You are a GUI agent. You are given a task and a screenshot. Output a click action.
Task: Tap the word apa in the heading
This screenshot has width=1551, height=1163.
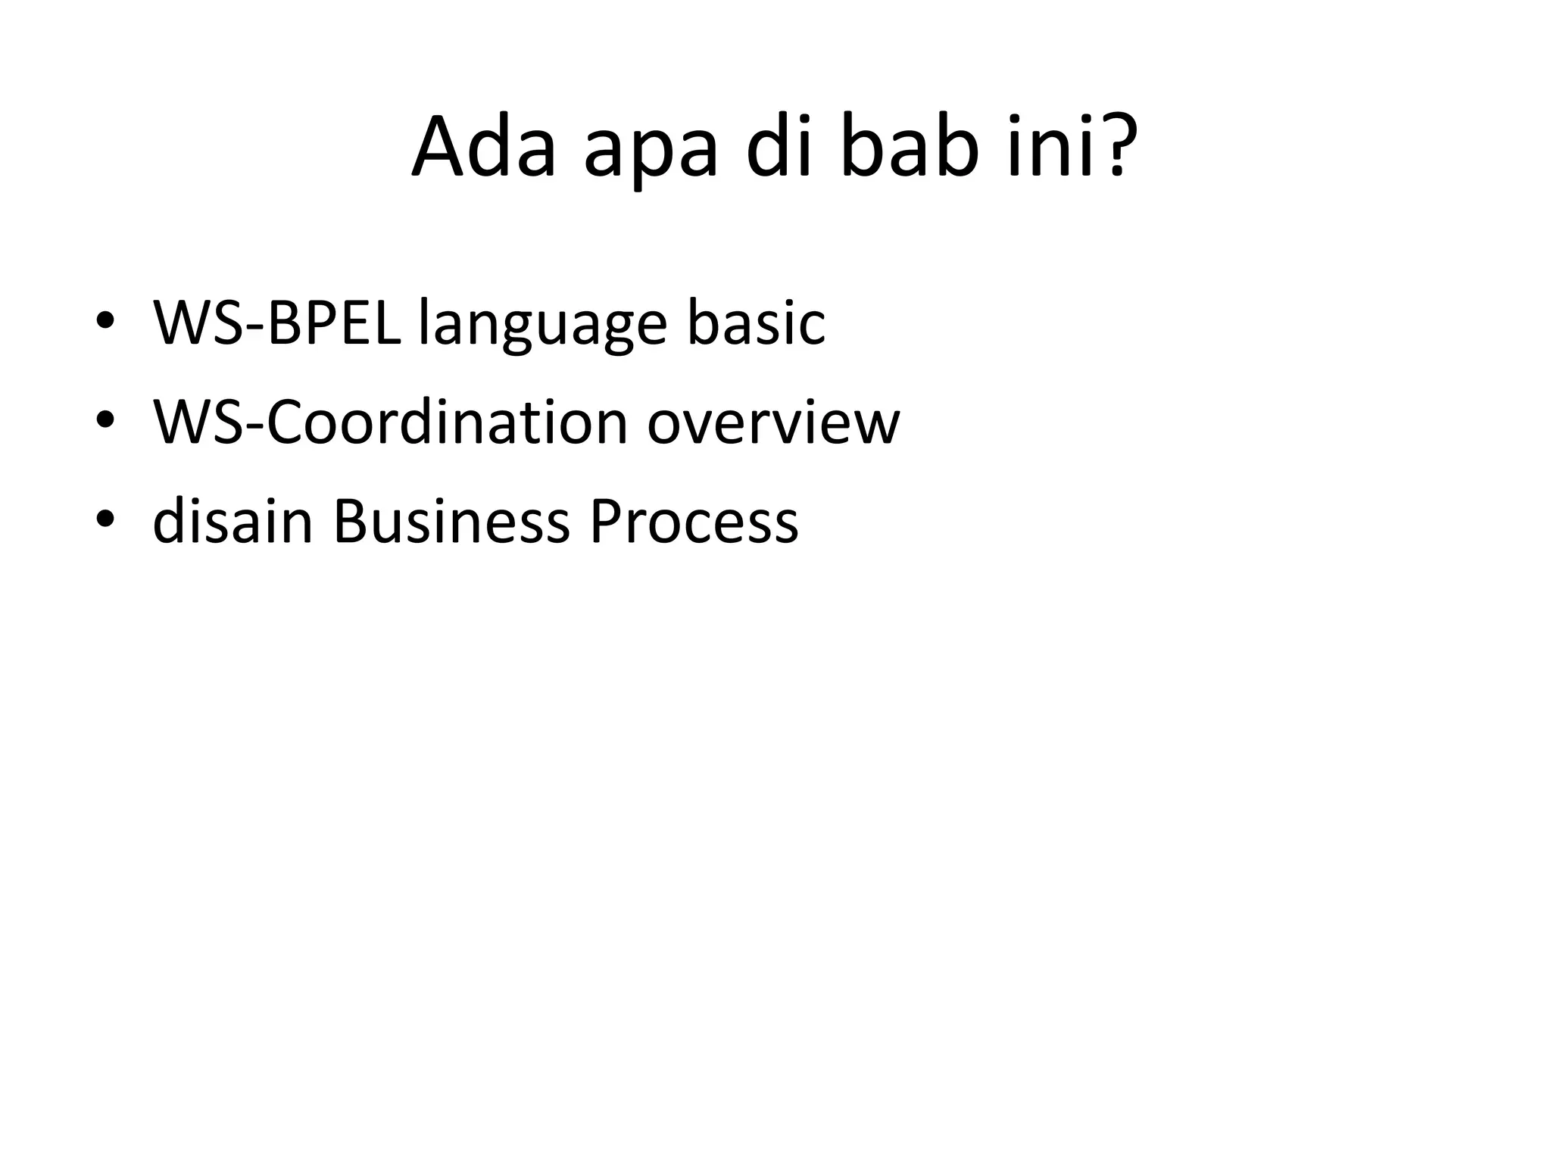click(x=650, y=155)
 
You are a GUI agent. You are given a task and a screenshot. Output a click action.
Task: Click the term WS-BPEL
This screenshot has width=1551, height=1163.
click(x=277, y=323)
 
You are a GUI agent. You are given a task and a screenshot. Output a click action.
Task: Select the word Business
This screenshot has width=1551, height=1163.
click(x=451, y=522)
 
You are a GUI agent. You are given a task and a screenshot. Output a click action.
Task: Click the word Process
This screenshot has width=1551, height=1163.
click(x=694, y=522)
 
